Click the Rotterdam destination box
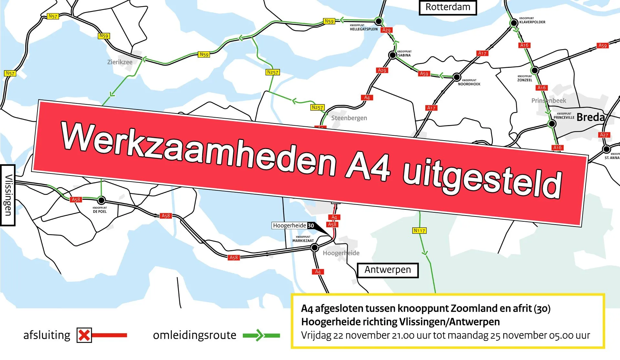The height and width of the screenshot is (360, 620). coord(448,7)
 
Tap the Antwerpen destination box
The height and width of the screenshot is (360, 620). coord(387,270)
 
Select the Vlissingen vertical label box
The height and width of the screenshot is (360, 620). coord(8,195)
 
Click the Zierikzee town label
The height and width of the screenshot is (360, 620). coord(120,62)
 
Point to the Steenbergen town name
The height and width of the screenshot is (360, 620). coord(349,118)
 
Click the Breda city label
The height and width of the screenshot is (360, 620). coord(590,117)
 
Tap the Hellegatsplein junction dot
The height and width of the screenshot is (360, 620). coord(379,21)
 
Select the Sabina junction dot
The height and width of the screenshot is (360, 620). coord(392,55)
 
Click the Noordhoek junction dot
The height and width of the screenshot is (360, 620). coord(457,77)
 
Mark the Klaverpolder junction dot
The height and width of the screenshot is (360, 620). coord(513,23)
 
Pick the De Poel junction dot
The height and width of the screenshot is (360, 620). coord(101,200)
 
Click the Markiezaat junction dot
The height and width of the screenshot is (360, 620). coord(315,248)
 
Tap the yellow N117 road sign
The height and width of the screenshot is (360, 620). coord(419,230)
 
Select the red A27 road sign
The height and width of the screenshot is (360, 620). coord(604,135)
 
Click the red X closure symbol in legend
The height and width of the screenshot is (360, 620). coord(84,335)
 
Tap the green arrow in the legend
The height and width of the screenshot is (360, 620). coord(261,335)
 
